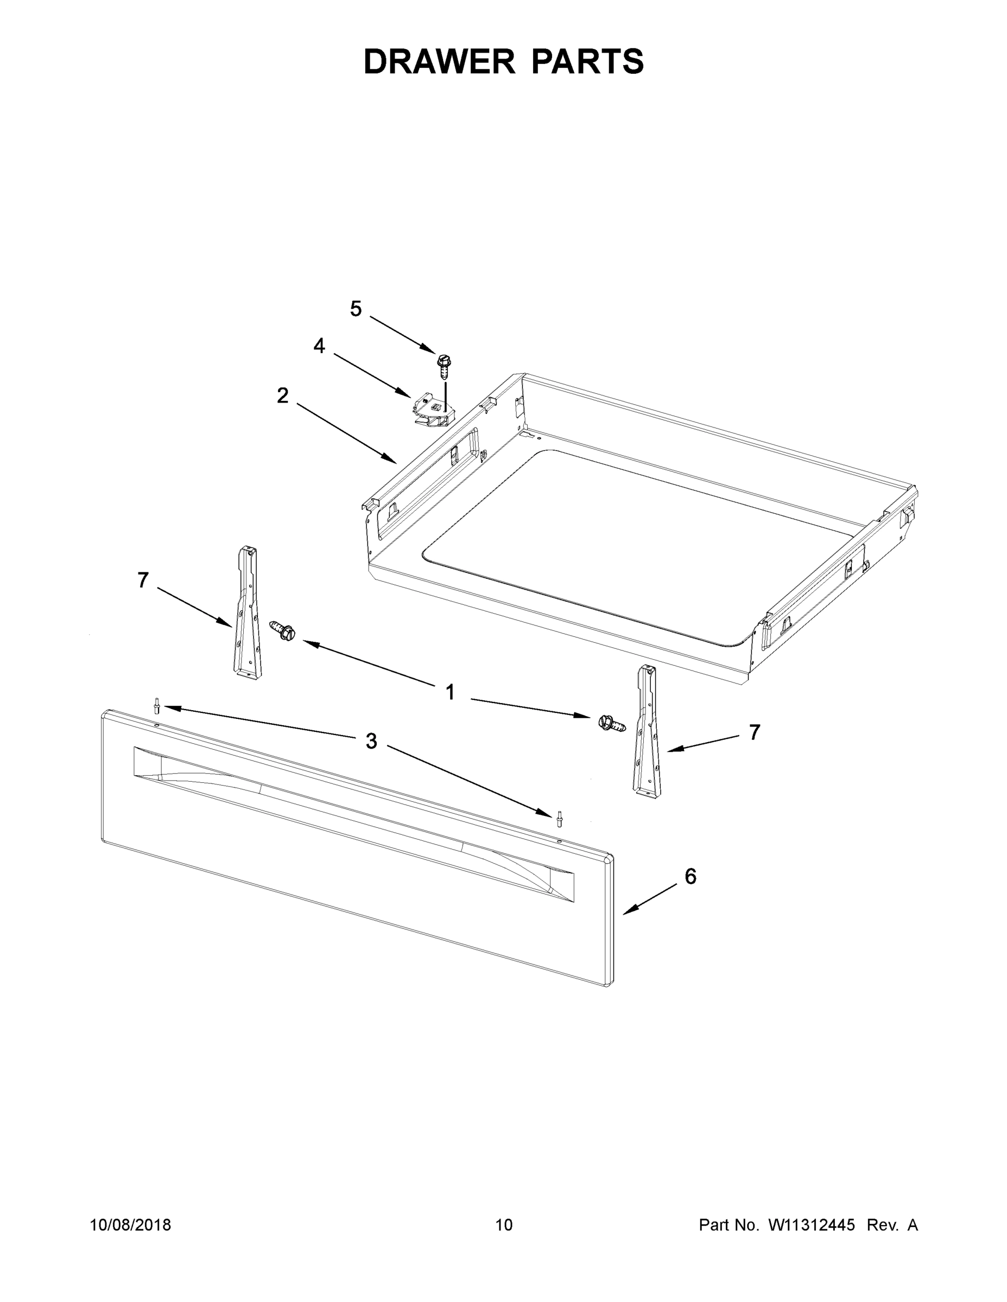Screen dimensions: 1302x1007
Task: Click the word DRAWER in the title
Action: tap(439, 61)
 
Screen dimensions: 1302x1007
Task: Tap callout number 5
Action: tap(356, 309)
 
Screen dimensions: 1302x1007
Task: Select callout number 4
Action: tap(319, 346)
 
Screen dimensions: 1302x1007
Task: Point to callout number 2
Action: tap(283, 395)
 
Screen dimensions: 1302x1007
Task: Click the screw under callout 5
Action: tap(444, 366)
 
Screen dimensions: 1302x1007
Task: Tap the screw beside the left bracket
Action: tap(283, 629)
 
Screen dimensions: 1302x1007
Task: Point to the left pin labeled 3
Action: tap(157, 706)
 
